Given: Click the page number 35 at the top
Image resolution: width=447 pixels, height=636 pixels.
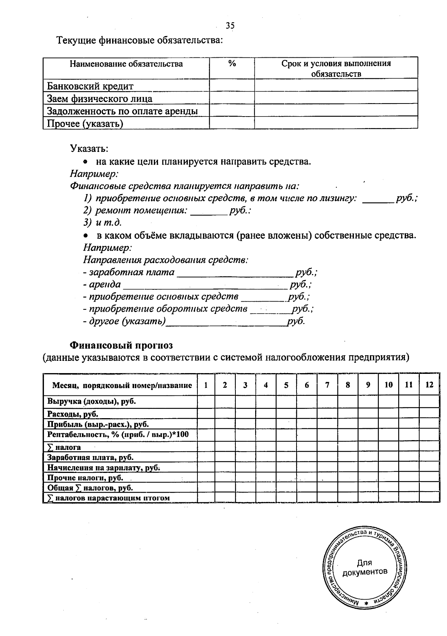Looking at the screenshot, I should (230, 26).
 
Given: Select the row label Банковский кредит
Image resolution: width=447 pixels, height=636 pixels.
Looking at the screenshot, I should (90, 86).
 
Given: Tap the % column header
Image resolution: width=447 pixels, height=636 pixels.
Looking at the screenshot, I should (232, 64).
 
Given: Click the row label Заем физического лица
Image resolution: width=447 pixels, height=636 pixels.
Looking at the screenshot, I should (99, 99).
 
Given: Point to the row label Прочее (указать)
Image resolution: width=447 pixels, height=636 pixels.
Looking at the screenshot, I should (85, 123).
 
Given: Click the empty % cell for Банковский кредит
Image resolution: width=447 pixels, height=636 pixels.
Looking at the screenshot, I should (232, 86).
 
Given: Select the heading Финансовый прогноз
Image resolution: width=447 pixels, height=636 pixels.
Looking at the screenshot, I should (121, 345).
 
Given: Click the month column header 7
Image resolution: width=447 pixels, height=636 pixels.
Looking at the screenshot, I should (327, 385).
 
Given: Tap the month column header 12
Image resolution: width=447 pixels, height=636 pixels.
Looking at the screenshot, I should (429, 385).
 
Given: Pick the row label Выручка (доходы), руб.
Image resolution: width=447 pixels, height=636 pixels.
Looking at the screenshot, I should (92, 401).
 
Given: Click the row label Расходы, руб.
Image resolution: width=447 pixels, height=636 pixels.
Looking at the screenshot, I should (73, 414).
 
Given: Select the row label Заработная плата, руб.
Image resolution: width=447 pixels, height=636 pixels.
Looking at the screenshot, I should (90, 458).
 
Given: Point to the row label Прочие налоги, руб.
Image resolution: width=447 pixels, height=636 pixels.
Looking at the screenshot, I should (85, 478).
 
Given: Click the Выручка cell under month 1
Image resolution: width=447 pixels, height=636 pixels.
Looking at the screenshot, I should (206, 402).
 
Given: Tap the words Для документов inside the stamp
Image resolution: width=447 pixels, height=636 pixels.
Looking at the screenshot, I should (365, 567).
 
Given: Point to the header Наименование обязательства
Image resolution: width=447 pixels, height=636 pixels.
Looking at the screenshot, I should (126, 64).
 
